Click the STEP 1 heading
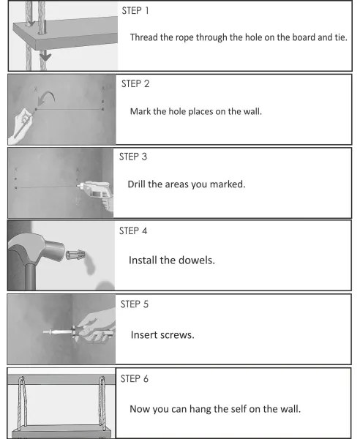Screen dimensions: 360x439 (x=135, y=11)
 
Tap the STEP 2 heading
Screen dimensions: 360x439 (x=135, y=83)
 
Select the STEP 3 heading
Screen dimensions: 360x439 (x=133, y=157)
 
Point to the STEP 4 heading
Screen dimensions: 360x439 (x=133, y=230)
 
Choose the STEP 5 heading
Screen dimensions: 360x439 (x=135, y=304)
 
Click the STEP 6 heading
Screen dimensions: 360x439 (x=135, y=378)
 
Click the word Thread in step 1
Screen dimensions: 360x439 (x=144, y=37)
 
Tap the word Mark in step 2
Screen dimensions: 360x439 (x=140, y=111)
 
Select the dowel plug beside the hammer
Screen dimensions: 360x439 (x=75, y=255)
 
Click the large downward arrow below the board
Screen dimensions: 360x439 (x=45, y=56)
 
